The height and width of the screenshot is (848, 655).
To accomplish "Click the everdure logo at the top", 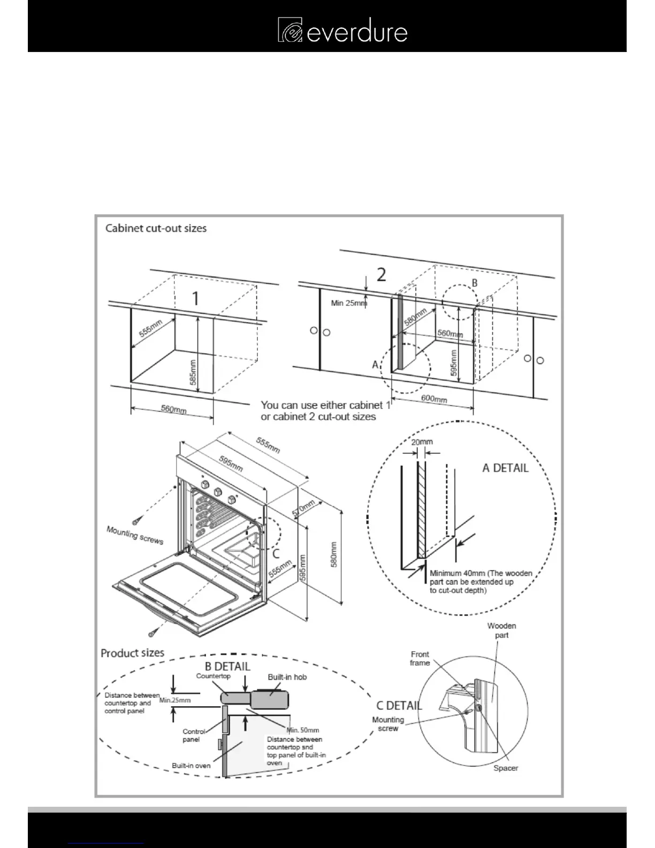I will [x=342, y=31].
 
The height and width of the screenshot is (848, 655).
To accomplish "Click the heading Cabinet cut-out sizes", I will [x=156, y=229].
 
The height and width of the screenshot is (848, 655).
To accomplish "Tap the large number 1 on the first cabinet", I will [x=196, y=298].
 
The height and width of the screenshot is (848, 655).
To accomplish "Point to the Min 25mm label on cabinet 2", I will [x=349, y=303].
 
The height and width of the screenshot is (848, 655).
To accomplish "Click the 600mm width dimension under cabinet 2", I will [x=434, y=399].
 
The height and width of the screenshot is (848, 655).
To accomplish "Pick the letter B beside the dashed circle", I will [x=474, y=283].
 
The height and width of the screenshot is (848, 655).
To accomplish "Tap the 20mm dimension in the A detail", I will [x=422, y=442].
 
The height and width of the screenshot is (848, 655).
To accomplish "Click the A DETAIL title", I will [x=505, y=468].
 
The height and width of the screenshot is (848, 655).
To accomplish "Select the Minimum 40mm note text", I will [x=481, y=581].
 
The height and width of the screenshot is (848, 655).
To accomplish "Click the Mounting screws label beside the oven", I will [x=135, y=535].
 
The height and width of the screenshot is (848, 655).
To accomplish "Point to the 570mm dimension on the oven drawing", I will [x=303, y=508].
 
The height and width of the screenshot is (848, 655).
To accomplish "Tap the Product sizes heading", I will [x=132, y=653].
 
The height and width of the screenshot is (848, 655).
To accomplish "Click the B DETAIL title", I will [x=227, y=667].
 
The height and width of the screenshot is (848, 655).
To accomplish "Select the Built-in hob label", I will [x=287, y=677].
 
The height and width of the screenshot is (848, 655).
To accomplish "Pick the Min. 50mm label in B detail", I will [x=303, y=730].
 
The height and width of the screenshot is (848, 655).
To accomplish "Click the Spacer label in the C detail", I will [x=506, y=768].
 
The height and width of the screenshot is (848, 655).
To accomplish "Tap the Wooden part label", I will [x=501, y=630].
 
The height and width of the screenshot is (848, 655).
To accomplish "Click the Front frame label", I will [x=420, y=658].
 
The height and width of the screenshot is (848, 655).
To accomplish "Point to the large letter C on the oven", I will [x=276, y=554].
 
